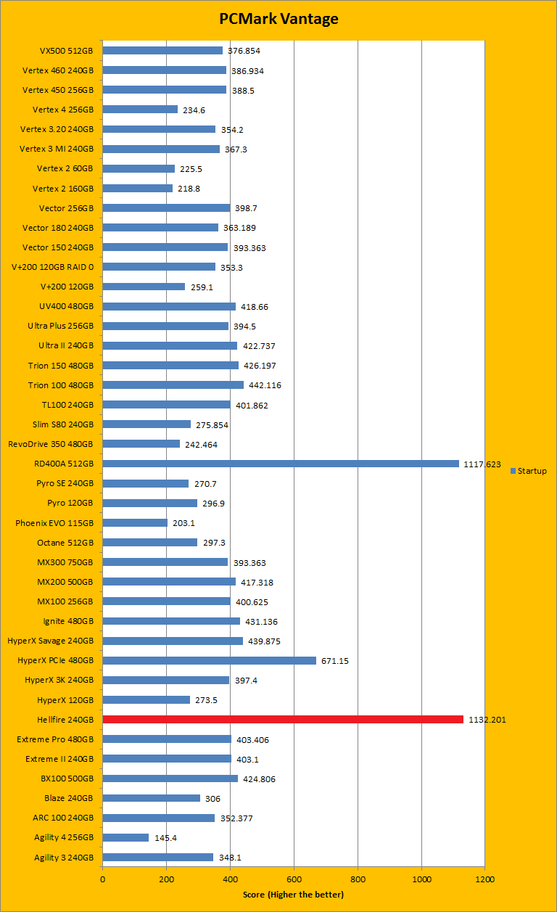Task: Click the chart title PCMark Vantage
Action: coord(279,19)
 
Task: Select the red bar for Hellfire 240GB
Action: coord(283,719)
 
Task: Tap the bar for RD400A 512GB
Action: coord(281,463)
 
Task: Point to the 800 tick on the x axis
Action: coord(358,879)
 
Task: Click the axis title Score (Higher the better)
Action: coord(293,894)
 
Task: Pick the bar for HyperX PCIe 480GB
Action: coord(210,660)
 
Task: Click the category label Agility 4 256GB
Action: coord(64,837)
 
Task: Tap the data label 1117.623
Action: coord(482,464)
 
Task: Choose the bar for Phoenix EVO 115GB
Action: coord(135,522)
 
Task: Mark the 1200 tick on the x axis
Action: coord(484,879)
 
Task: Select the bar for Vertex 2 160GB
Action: coord(138,188)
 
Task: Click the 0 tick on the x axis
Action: coord(103,879)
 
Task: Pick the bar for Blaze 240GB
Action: coord(152,798)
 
